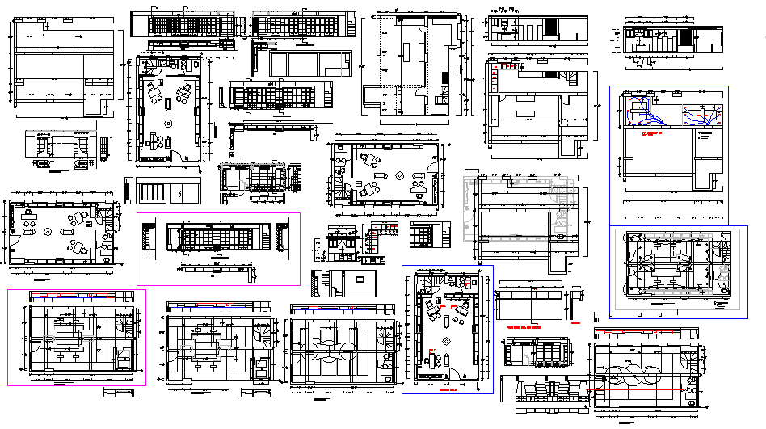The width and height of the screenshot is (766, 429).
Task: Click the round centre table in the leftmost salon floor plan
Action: (x=48, y=232)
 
